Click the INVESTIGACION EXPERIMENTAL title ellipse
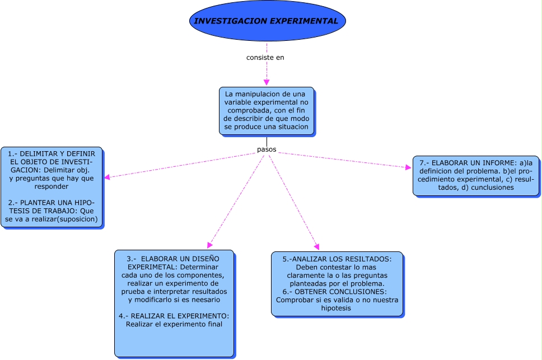point(267,21)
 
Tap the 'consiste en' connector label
point(265,57)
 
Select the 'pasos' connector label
point(267,149)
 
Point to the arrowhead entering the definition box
point(267,82)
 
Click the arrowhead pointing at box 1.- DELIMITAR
point(107,177)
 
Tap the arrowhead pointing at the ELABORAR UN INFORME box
point(408,167)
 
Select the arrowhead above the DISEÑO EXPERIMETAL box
point(209,245)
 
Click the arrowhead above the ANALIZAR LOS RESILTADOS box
point(317,246)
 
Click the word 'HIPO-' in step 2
point(84,202)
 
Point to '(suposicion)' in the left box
point(76,219)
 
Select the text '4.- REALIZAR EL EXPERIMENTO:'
point(174,316)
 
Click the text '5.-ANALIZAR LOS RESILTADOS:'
point(337,259)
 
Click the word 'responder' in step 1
point(51,186)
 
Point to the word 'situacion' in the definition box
point(290,127)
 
